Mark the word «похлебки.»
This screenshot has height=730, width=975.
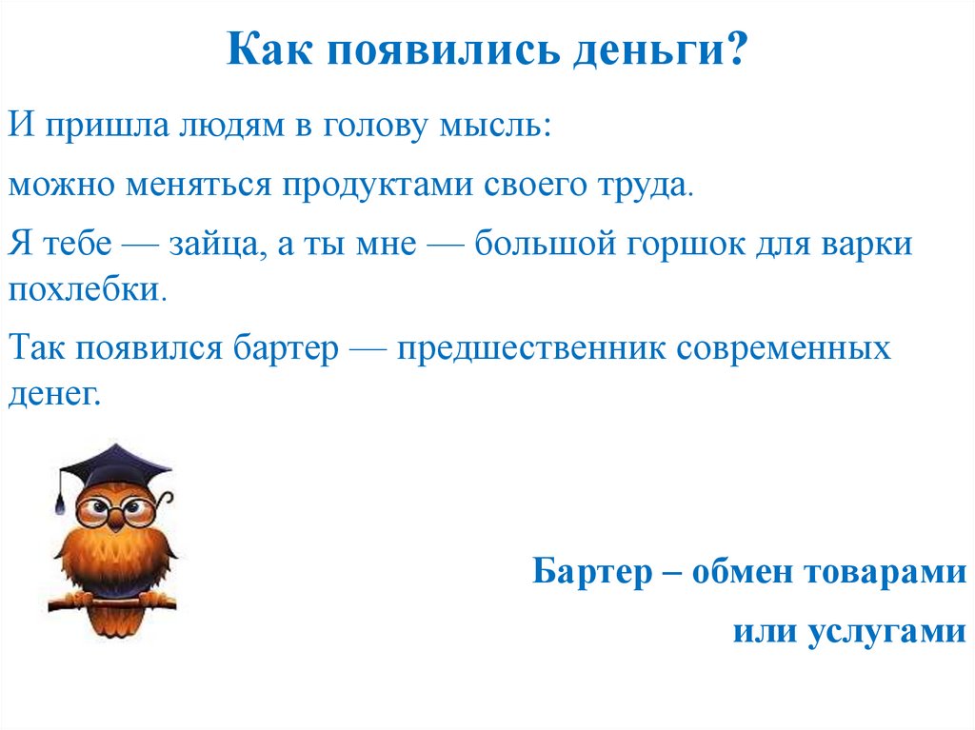[88, 288]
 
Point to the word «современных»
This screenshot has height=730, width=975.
[784, 348]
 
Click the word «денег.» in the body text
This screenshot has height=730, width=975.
[53, 393]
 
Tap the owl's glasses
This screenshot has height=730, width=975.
[113, 511]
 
